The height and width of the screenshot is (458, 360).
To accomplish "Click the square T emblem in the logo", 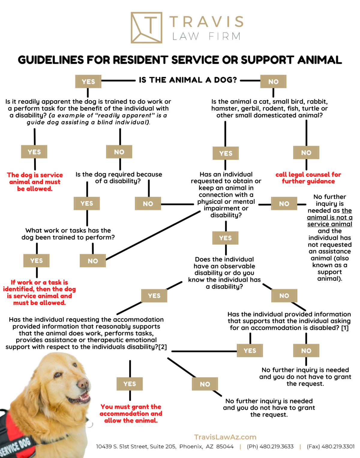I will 146,28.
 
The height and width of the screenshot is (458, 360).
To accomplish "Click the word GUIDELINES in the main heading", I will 51,60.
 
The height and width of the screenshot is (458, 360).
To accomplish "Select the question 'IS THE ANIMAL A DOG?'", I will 188,80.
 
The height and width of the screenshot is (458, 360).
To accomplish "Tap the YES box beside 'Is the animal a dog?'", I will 88,82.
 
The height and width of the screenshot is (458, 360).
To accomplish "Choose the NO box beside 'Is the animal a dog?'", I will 273,82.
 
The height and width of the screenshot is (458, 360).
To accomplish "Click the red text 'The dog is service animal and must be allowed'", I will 35,182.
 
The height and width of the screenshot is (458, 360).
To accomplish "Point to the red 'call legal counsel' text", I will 308,178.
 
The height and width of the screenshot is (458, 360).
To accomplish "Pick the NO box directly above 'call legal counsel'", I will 306,153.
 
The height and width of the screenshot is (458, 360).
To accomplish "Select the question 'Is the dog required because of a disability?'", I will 118,177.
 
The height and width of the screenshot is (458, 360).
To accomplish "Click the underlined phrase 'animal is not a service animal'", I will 329,218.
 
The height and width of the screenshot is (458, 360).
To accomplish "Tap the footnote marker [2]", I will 162,347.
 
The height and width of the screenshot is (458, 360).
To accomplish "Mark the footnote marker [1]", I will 345,328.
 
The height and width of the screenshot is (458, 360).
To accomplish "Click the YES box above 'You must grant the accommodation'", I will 130,384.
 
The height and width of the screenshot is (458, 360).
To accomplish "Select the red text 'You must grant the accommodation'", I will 131,413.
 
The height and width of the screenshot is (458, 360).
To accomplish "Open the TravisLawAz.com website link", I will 225,437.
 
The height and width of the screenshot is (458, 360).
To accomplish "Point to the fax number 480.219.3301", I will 330,447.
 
